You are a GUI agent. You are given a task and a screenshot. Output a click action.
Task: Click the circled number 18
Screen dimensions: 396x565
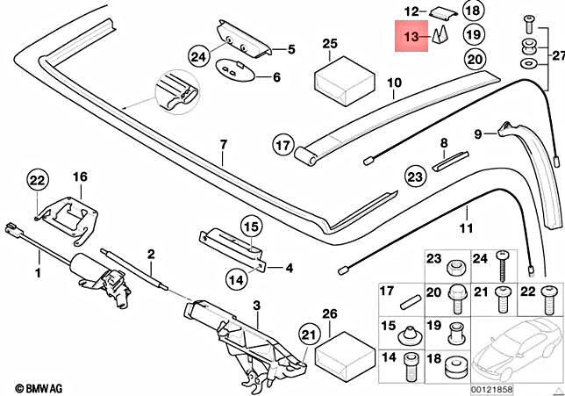473,11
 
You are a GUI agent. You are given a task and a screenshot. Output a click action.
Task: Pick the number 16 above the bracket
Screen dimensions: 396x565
80,176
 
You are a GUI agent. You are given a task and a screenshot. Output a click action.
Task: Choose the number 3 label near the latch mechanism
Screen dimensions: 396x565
232,304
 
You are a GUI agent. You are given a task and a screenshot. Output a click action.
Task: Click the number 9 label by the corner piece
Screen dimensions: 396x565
479,134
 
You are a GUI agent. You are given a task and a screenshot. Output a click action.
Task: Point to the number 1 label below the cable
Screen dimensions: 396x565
38,274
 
